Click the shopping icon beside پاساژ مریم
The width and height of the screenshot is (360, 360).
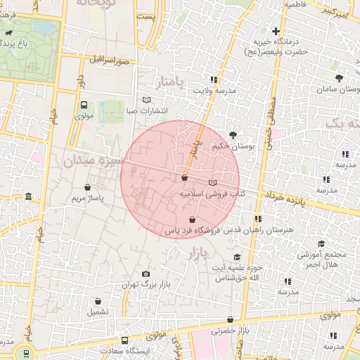click(x=87, y=188)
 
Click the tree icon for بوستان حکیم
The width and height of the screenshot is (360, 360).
click(x=233, y=134)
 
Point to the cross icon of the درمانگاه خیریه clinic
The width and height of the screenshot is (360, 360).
click(x=276, y=31)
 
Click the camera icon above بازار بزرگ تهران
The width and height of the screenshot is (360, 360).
click(x=146, y=274)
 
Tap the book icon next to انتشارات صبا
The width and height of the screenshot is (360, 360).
click(x=146, y=100)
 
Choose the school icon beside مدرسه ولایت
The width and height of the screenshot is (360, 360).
click(x=213, y=79)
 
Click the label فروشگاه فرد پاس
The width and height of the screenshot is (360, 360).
click(x=193, y=230)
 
